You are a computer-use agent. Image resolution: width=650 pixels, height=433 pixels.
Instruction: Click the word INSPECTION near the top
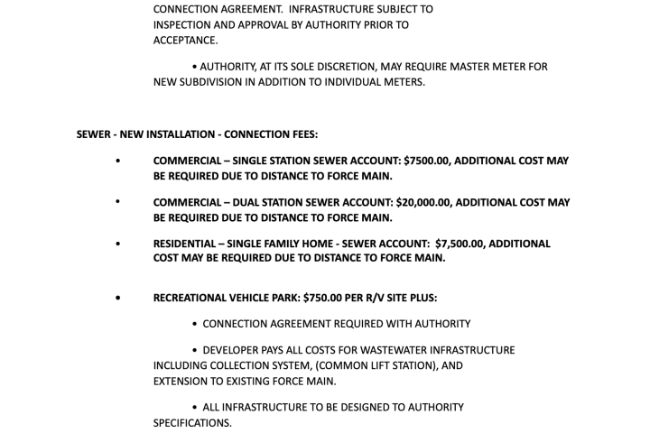tap(186, 24)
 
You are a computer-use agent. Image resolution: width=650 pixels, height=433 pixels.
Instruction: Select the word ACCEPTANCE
tap(184, 40)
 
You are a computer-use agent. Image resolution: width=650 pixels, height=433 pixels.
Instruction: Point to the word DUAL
tap(249, 202)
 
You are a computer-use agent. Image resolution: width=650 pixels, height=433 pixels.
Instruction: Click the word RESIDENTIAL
tap(183, 244)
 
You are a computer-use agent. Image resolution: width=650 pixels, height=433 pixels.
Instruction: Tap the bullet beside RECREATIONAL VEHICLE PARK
tap(117, 298)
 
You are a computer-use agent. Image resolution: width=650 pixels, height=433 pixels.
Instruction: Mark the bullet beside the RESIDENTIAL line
tap(117, 244)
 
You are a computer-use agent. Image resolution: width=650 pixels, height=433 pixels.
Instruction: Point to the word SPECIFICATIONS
tap(192, 422)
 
